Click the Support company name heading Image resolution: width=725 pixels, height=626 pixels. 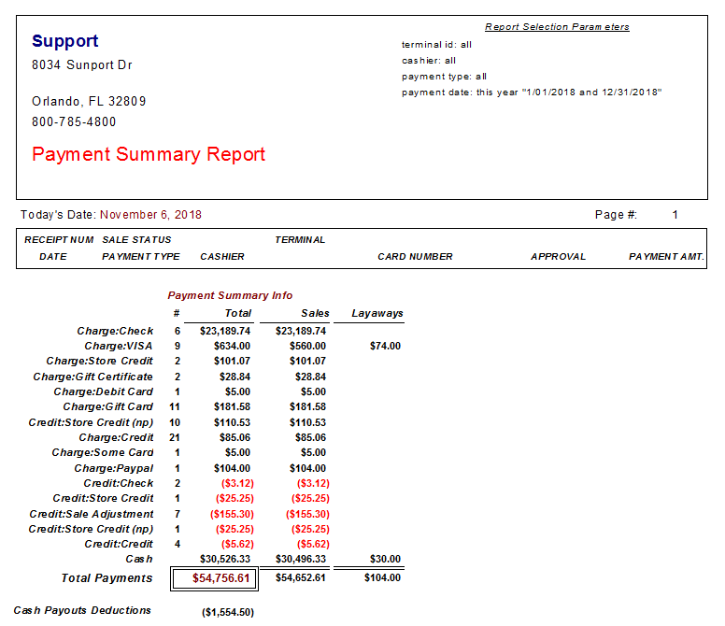click(64, 42)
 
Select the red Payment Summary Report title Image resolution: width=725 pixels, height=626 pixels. click(149, 154)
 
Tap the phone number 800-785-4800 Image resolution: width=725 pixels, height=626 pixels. click(74, 121)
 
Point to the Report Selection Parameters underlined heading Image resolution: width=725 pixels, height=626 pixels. click(557, 27)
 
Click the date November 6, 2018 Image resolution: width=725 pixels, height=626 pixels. click(150, 215)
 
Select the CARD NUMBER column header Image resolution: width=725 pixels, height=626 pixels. click(415, 257)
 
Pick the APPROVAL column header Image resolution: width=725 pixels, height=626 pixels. click(558, 257)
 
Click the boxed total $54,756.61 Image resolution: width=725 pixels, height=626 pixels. click(221, 578)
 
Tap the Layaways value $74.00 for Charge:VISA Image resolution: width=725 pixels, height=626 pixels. click(385, 346)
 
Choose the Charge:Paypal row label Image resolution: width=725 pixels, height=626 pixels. click(114, 468)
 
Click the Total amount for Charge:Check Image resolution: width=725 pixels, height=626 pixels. click(225, 331)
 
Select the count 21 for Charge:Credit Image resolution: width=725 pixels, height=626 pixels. click(175, 437)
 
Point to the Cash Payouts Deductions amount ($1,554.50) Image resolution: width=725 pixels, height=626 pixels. click(228, 612)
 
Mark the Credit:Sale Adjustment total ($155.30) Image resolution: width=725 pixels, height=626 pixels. click(232, 514)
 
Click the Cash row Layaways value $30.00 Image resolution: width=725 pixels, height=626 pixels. click(385, 559)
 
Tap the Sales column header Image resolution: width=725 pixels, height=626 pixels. click(316, 313)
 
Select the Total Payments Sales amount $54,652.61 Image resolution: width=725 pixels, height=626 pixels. click(301, 578)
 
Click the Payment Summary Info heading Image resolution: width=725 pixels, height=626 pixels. click(230, 295)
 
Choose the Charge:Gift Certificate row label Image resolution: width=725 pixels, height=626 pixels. click(92, 377)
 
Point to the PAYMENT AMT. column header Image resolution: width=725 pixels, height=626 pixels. click(666, 257)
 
